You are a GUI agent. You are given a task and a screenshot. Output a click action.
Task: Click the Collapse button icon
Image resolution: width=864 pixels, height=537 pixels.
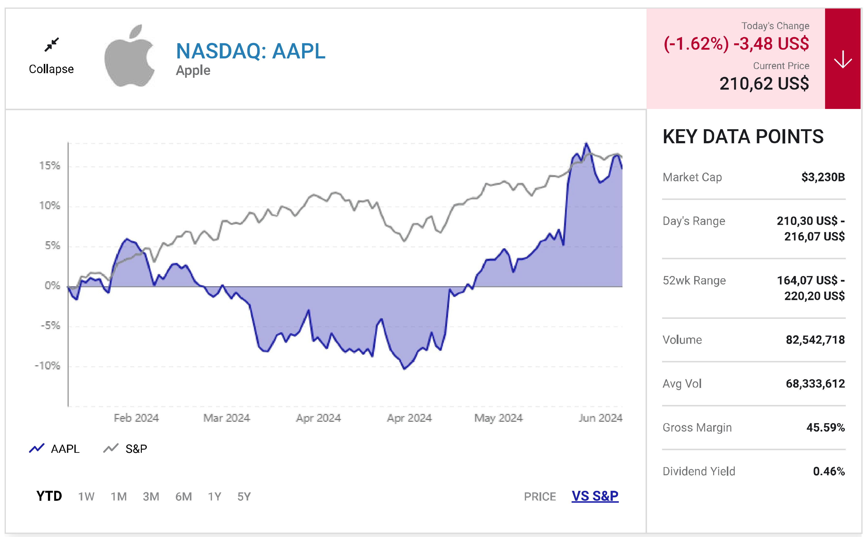52,45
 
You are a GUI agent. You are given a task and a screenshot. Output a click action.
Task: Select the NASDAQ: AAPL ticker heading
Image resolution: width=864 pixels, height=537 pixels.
250,51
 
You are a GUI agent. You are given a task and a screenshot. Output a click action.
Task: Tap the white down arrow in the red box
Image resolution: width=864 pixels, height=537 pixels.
842,59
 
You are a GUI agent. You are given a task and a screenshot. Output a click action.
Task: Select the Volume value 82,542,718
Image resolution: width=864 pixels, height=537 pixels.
815,340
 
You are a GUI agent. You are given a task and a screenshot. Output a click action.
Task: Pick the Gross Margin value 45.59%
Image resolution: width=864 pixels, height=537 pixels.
825,427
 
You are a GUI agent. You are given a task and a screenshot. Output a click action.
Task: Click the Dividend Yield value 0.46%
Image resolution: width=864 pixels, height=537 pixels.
828,471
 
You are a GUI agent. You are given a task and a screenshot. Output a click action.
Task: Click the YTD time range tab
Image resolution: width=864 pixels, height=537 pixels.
49,496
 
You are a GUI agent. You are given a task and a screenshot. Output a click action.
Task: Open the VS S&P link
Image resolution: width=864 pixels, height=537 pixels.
595,496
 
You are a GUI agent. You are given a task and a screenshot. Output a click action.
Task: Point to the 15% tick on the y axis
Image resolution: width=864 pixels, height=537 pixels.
50,166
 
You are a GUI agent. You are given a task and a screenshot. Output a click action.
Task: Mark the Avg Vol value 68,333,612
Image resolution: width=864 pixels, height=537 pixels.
815,384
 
